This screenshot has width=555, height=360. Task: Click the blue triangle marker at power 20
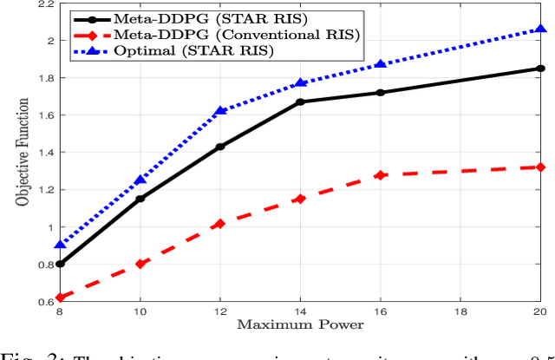pyautogui.click(x=540, y=29)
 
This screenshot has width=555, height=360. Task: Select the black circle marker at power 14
pyautogui.click(x=300, y=101)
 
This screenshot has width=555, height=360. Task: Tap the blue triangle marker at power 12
pyautogui.click(x=220, y=110)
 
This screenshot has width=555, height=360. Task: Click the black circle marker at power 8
pyautogui.click(x=60, y=264)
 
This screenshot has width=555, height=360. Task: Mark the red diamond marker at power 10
pyautogui.click(x=140, y=264)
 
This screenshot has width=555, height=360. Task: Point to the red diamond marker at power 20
pyautogui.click(x=540, y=167)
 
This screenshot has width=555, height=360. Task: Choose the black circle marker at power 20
pyautogui.click(x=540, y=69)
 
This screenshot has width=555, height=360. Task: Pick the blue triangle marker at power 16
pyautogui.click(x=380, y=65)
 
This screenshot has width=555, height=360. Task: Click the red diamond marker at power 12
pyautogui.click(x=220, y=224)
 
